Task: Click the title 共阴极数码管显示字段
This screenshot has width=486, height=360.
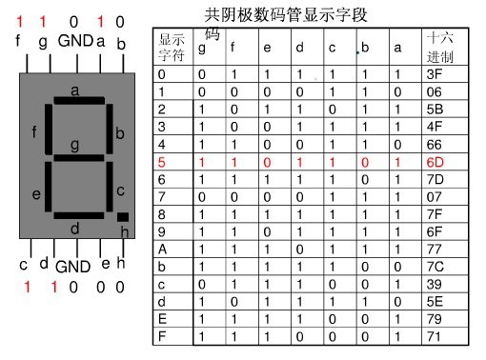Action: (286, 14)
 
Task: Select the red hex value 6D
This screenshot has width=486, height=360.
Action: (435, 162)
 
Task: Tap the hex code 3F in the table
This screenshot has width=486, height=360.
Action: (435, 73)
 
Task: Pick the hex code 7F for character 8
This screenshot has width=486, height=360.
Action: (435, 214)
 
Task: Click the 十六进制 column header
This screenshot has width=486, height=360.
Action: (439, 47)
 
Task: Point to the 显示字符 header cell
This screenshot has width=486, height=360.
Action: (172, 47)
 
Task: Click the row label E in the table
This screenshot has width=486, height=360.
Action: (162, 319)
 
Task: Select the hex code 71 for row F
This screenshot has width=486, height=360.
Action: (435, 337)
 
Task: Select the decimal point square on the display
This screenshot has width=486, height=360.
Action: (122, 217)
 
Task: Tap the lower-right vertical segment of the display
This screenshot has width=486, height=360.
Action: (110, 187)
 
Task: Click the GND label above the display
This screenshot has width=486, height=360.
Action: (74, 42)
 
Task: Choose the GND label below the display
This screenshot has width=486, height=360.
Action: (71, 268)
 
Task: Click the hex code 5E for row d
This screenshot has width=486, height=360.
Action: (435, 302)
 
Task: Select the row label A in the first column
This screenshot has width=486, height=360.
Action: (162, 250)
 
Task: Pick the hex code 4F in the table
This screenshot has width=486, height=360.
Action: (435, 127)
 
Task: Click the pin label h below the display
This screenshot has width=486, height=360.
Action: (121, 263)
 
